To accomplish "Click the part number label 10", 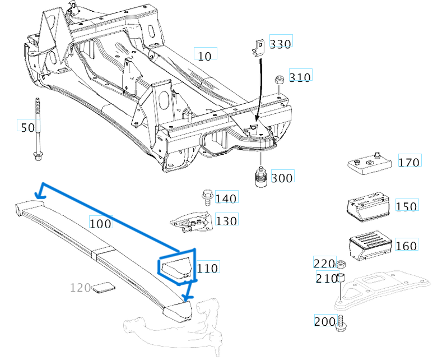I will [205, 55].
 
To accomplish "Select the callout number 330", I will [280, 43].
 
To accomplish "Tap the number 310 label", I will [300, 77].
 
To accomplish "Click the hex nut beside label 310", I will [278, 80].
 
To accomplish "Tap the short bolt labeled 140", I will [206, 197].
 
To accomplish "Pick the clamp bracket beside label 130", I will [192, 223].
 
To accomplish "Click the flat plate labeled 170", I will [368, 163].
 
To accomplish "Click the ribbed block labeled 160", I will [369, 244].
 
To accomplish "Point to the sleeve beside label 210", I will [340, 278].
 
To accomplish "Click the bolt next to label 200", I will [339, 324].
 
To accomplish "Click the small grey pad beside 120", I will [103, 288].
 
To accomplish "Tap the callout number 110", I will [207, 268].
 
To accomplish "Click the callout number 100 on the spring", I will [101, 223].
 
